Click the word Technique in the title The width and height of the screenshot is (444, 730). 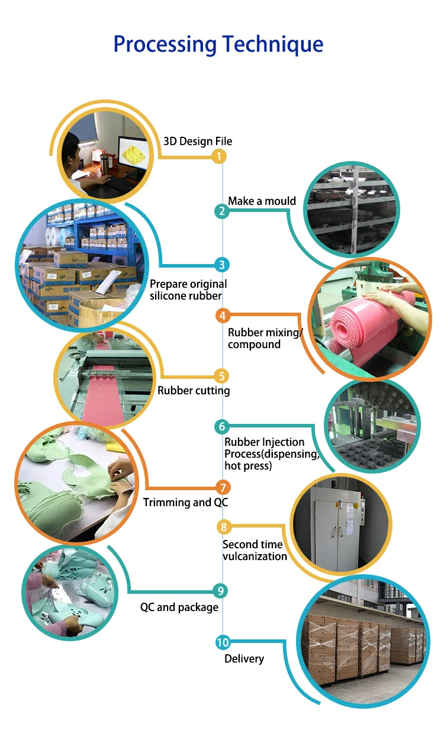coord(272,45)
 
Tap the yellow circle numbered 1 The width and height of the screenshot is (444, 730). coord(220,156)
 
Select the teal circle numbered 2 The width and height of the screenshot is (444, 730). coord(221,211)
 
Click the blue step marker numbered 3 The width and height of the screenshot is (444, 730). coord(221,265)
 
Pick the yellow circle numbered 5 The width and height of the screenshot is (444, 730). coord(221,375)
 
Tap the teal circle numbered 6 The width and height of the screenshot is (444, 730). coord(222,426)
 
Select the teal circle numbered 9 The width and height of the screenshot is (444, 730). coord(220,590)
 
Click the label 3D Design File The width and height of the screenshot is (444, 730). coord(198,142)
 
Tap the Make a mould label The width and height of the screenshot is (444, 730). coord(262,201)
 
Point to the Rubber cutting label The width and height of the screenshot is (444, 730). coord(194,391)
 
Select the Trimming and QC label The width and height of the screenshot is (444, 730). coord(185,503)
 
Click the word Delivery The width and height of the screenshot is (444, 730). coord(244,658)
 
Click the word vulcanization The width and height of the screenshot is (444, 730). coord(255,557)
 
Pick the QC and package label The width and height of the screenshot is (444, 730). coord(179,607)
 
